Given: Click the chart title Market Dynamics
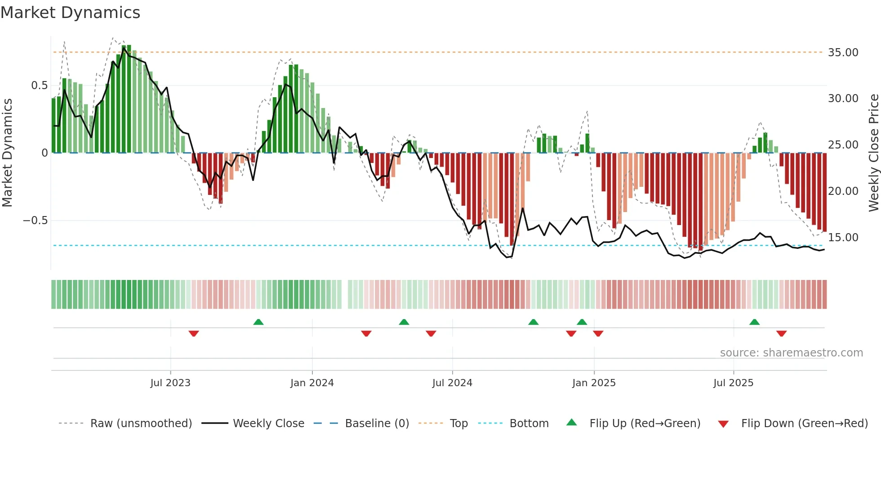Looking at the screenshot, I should pos(70,13).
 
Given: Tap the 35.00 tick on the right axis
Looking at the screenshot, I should pos(843,53).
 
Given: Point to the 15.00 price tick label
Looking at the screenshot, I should pos(843,238).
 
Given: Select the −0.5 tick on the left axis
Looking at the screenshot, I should pos(35,221).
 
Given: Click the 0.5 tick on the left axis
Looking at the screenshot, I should pos(39,86).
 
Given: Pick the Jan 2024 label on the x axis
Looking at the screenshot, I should pos(312,383).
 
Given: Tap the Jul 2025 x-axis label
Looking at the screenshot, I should pos(733,383).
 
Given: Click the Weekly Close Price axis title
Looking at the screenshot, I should pos(873,153).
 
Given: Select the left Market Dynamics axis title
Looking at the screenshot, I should pos(7,153).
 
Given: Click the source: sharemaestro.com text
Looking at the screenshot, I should pos(791,353).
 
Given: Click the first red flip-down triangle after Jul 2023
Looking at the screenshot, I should pos(194,334).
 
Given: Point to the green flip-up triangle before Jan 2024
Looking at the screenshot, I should pos(258,322).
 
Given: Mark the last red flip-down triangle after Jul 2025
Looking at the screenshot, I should pos(781,334).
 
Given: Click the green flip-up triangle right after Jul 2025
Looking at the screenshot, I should pos(755,322).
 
